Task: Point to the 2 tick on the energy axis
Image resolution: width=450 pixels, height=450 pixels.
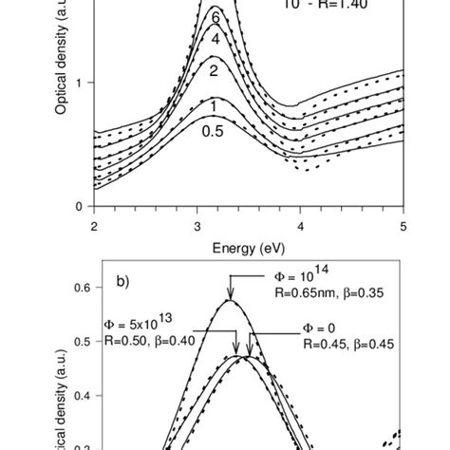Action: (x=94, y=225)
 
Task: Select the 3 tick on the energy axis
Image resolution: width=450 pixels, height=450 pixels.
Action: (x=197, y=225)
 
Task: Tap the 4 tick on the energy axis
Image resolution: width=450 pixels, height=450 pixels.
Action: (x=301, y=225)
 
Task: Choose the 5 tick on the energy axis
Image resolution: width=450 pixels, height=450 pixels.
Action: (x=403, y=225)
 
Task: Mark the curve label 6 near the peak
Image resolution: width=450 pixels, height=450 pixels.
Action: (x=216, y=17)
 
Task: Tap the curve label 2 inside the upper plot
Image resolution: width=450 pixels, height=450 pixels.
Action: (x=215, y=71)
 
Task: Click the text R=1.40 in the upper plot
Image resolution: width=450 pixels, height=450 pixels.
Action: (x=341, y=5)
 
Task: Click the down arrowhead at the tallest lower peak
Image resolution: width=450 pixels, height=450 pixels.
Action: (x=230, y=296)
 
